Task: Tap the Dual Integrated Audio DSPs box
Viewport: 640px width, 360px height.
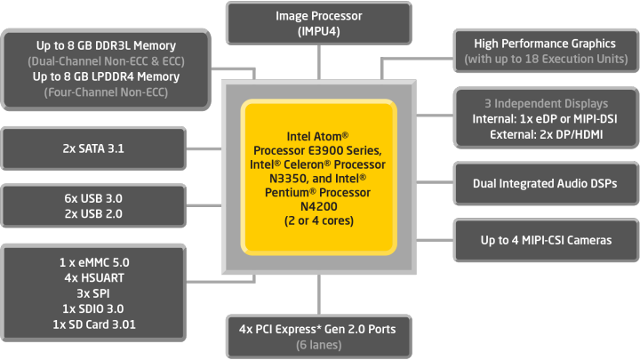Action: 545,184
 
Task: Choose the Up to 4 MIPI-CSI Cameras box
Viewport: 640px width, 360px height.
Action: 545,241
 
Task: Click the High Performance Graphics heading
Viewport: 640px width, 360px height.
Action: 546,44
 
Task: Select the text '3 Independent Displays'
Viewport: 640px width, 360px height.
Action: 546,103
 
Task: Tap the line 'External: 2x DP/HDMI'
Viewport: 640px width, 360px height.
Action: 546,134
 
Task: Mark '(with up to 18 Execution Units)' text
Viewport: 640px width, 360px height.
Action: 546,60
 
